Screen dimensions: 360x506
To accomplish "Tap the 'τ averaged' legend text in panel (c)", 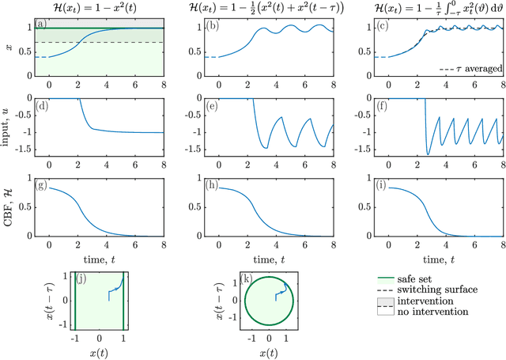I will pyautogui.click(x=472, y=69).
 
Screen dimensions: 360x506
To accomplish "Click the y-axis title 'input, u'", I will pyautogui.click(x=7, y=125).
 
